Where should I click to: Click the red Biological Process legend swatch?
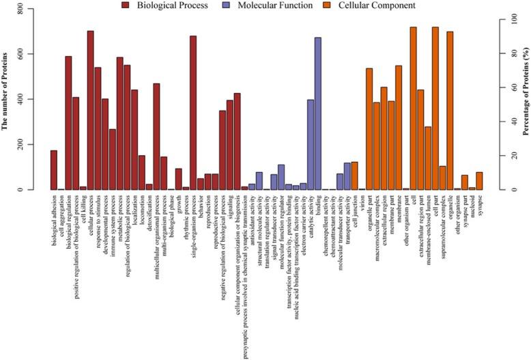click(x=126, y=5)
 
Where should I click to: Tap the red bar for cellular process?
click(x=90, y=110)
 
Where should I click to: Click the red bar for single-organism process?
click(x=192, y=113)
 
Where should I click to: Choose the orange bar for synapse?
click(x=479, y=181)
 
